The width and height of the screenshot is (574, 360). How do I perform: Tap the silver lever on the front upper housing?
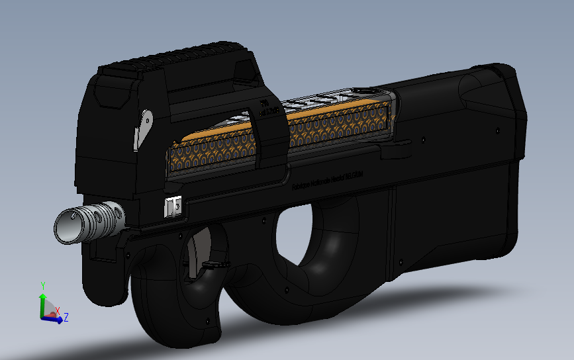[x=142, y=129]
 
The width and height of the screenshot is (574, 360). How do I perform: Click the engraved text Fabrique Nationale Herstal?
[x=329, y=182]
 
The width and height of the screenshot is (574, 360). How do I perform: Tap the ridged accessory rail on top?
[x=179, y=56]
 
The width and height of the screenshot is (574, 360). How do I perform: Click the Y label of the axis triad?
[x=42, y=285]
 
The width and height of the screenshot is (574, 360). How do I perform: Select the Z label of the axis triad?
[x=66, y=318]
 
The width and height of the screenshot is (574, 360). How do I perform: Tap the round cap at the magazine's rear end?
[x=362, y=91]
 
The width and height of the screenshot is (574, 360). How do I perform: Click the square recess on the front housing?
[x=109, y=96]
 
